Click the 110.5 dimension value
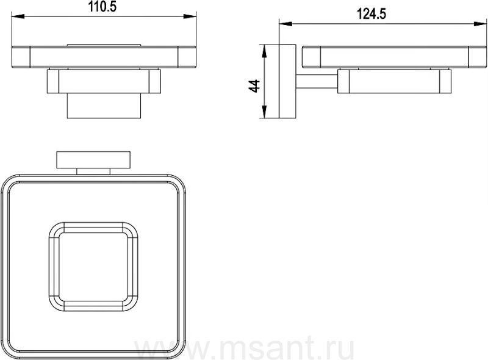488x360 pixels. point(102,6)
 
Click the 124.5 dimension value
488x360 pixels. point(371,14)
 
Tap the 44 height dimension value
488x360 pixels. point(254,86)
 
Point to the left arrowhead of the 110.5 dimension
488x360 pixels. point(18,16)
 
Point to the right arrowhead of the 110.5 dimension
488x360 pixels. point(190,16)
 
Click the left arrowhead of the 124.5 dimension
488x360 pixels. point(286,24)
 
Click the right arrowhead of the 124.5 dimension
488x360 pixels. point(481,24)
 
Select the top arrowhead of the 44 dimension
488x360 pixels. point(264,51)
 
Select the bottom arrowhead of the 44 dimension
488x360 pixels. point(264,112)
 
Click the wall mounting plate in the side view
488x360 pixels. point(287,82)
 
